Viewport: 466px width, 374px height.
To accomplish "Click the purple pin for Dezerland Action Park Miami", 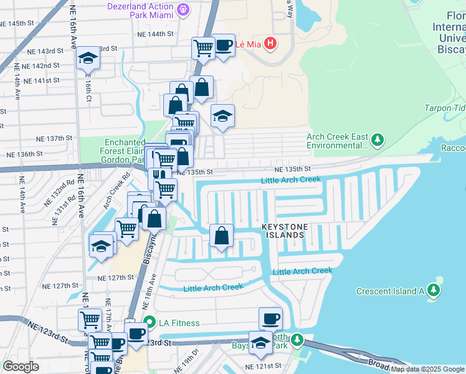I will point(183,9).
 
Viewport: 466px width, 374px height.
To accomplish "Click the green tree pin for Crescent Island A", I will point(434,290).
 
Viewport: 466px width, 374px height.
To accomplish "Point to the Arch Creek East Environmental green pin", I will point(378,141).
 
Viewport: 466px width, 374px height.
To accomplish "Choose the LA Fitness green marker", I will point(149,323).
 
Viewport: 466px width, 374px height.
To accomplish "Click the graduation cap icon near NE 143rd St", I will point(88,59).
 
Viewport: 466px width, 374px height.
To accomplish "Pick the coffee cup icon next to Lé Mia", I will point(224,45).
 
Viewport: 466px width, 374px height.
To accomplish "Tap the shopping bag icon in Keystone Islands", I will point(221,236).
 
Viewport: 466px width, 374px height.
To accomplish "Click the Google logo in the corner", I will point(21,366).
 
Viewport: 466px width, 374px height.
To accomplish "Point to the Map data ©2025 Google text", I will point(427,369).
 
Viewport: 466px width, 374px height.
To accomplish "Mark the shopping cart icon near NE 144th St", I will point(203,47).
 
